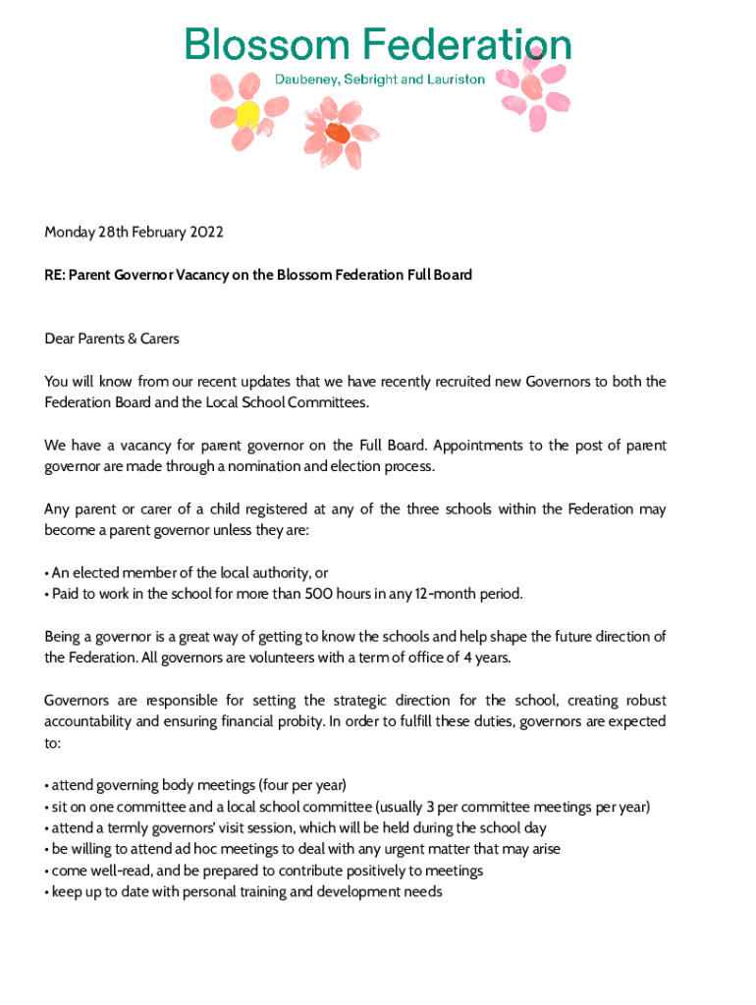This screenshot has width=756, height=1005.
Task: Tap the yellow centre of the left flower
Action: pyautogui.click(x=246, y=115)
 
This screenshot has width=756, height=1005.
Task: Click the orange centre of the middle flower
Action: pyautogui.click(x=338, y=132)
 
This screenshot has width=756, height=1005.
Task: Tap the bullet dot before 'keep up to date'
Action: pyautogui.click(x=46, y=892)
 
